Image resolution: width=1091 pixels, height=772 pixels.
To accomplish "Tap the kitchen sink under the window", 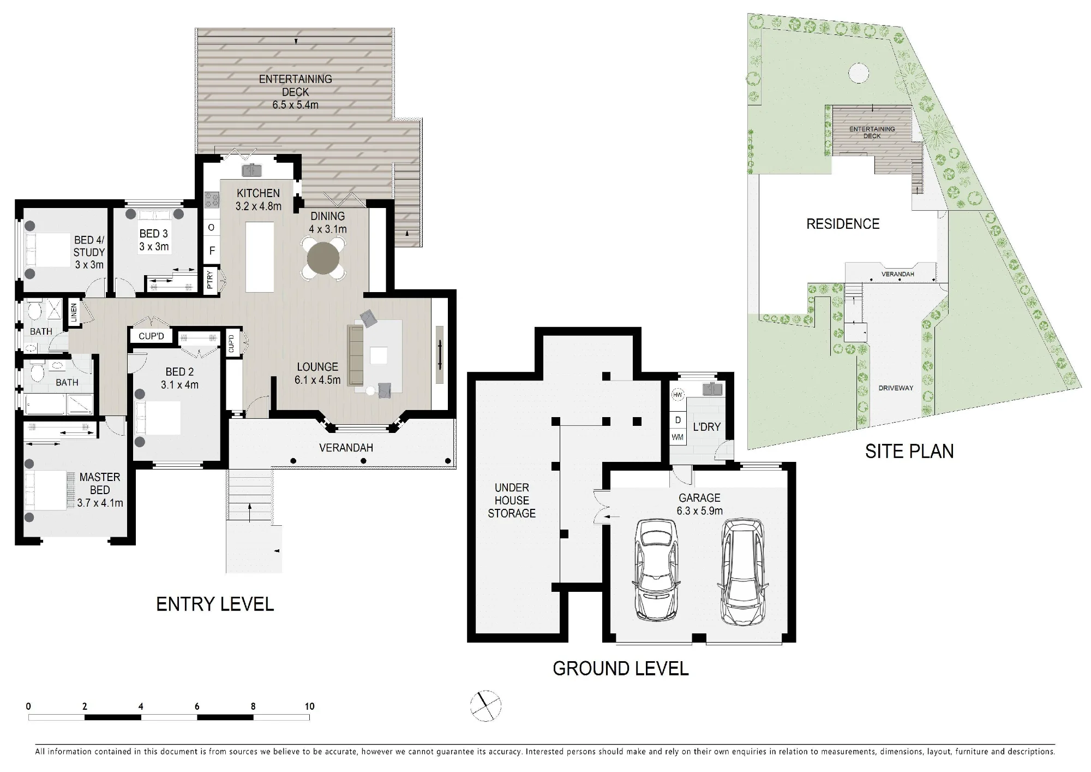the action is point(252,170).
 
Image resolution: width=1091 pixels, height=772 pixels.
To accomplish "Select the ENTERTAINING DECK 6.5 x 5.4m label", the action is point(295,92).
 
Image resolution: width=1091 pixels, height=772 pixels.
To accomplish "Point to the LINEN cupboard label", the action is point(74,313).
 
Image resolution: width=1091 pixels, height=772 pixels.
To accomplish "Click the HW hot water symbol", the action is point(678,395).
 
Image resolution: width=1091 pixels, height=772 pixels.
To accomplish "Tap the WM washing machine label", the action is point(678,437).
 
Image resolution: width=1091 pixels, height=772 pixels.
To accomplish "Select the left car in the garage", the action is point(657,569).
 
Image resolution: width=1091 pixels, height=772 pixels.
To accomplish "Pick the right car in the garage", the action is point(742,571).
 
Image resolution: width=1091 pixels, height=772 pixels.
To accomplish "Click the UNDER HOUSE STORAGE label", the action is point(512,500).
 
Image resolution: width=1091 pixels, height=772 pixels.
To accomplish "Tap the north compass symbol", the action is point(485,706).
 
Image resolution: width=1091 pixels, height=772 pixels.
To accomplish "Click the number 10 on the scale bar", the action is point(309,706).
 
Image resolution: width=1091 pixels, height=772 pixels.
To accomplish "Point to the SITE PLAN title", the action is point(909,452).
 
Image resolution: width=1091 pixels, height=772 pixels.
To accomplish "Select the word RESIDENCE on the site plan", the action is point(843,224).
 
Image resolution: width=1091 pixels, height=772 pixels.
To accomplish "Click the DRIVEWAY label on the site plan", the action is point(896,388).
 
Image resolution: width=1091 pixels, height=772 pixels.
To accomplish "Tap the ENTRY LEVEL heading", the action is point(215,604).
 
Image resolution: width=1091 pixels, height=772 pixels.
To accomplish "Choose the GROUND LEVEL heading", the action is point(621,668).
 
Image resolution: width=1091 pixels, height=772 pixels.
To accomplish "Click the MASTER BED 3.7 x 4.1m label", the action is point(100,490).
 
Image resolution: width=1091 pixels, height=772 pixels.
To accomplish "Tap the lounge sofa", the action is point(356,354).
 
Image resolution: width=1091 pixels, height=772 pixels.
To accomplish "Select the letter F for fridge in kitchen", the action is point(212,251).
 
